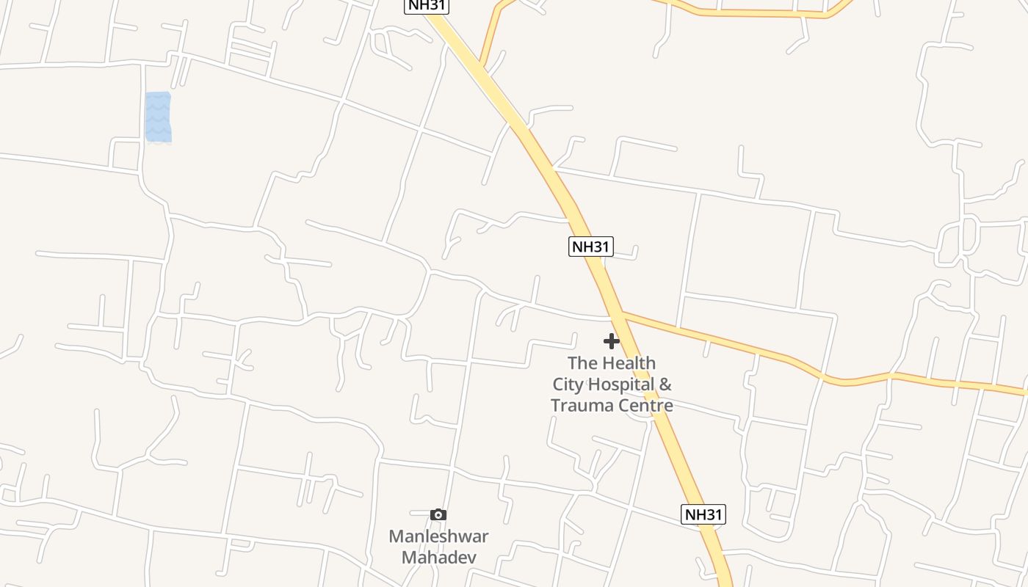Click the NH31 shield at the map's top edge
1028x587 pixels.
point(427,6)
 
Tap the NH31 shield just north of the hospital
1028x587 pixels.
point(590,247)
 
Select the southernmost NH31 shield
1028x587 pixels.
point(703,514)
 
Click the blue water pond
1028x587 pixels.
point(158,117)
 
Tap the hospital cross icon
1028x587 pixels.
point(612,341)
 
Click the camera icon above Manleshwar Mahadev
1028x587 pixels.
point(438,515)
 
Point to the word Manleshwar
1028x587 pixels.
point(438,536)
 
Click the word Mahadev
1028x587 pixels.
point(438,558)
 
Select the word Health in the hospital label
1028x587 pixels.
point(629,363)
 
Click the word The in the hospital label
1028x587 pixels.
point(582,363)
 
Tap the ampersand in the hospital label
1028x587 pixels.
point(665,384)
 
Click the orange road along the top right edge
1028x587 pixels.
point(764,13)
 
